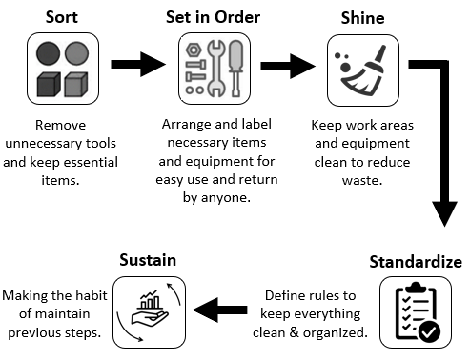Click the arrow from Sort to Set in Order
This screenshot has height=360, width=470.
tap(137, 65)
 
